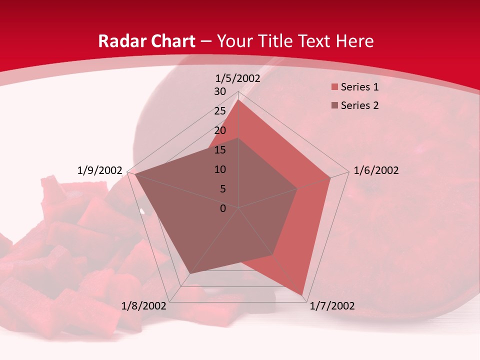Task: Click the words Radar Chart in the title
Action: pos(147,41)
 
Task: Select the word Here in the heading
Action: pos(354,41)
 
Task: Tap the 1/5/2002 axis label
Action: pos(238,78)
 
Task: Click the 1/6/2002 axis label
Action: pos(376,170)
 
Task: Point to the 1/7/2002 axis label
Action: pos(332,306)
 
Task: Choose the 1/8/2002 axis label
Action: pos(144,306)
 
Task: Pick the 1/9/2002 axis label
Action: pos(100,170)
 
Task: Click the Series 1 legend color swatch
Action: pos(334,87)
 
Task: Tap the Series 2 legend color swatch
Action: pos(334,105)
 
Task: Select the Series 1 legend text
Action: pos(359,87)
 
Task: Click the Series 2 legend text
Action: pos(359,105)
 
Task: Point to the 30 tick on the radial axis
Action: pos(220,91)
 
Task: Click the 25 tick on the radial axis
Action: pos(220,111)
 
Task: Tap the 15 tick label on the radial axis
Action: pos(220,150)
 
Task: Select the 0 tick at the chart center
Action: pos(223,208)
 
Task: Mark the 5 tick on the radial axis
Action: pos(223,189)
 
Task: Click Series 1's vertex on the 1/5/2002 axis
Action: pos(238,100)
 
